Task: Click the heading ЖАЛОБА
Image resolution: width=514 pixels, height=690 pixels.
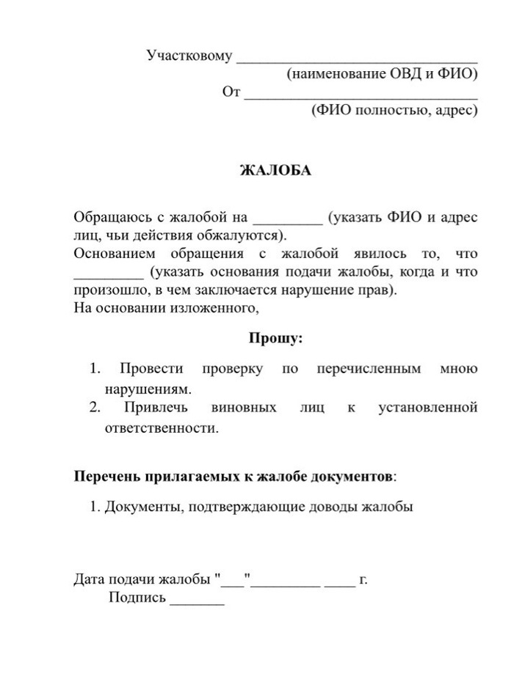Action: click(276, 170)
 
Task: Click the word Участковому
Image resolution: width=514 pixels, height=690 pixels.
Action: click(189, 56)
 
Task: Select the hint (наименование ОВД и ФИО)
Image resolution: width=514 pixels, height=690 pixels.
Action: click(383, 74)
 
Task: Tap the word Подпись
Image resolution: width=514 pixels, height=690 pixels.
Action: click(137, 598)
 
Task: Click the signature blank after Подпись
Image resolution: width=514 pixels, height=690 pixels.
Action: click(197, 602)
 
